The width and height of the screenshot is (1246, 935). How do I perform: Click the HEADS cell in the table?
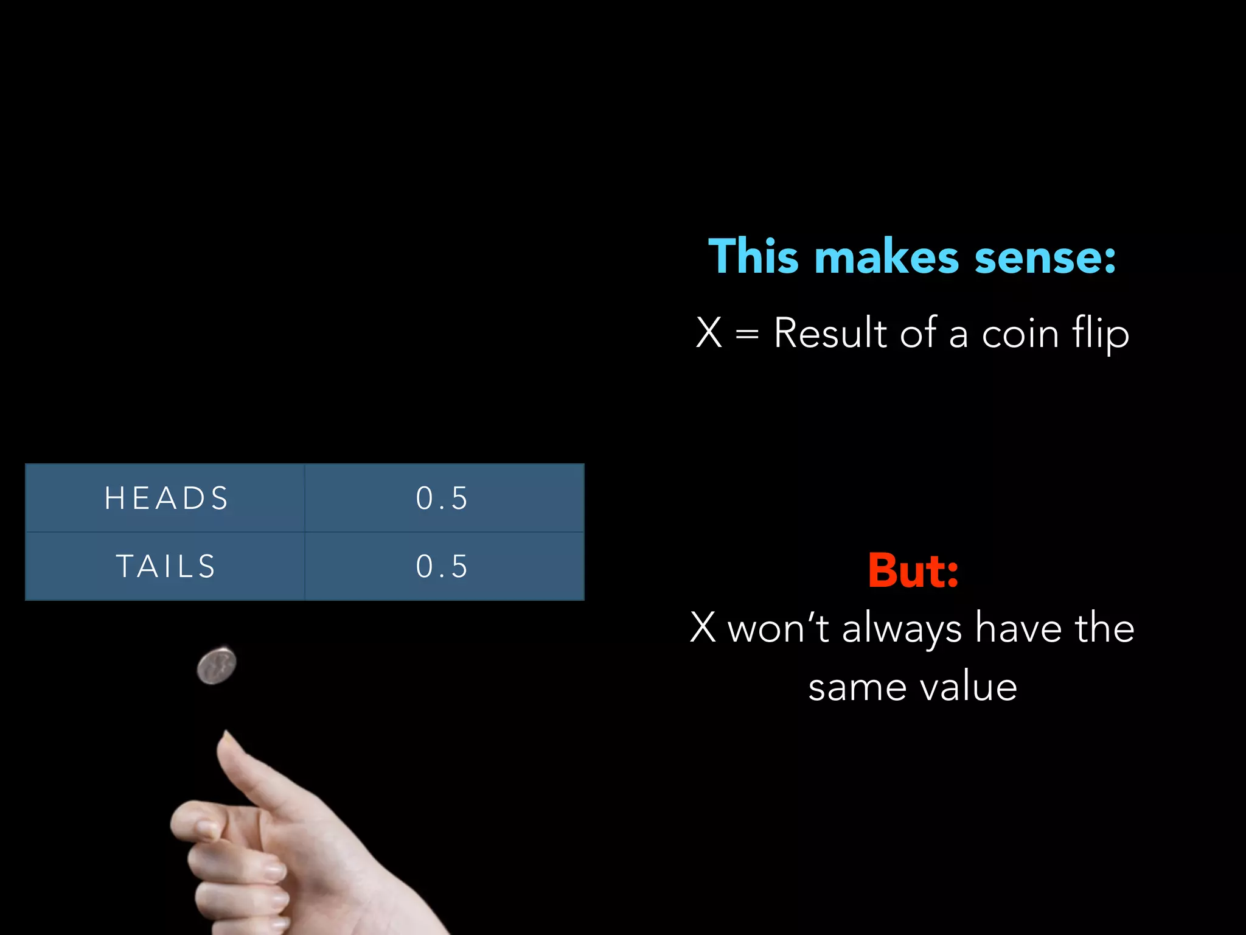pos(165,498)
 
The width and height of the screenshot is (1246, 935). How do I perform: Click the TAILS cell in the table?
pos(165,566)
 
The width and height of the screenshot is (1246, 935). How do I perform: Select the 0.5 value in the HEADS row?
pos(442,498)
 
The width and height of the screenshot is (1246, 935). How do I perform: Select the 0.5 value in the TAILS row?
pos(442,566)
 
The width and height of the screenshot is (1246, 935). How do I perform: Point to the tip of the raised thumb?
pos(226,735)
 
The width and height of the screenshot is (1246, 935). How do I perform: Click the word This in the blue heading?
pos(753,256)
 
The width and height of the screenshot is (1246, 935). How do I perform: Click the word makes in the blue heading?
pos(886,257)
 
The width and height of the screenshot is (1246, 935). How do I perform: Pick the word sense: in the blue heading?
pos(1045,257)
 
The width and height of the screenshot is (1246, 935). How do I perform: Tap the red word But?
pos(913,570)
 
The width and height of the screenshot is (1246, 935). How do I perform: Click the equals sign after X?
pos(747,334)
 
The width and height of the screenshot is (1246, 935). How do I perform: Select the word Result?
pos(830,333)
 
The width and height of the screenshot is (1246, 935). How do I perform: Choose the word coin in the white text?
pos(1020,334)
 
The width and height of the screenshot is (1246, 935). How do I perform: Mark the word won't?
pos(778,628)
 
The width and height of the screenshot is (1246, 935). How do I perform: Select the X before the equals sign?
pos(709,333)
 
